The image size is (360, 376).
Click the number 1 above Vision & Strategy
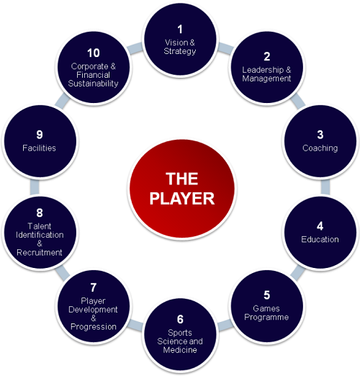point(180,30)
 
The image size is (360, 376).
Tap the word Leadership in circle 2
point(263,70)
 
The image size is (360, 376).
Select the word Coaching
point(320,148)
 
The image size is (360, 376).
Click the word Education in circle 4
point(320,239)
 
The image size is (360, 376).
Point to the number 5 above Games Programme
point(266,295)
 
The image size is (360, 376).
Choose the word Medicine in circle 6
point(180,350)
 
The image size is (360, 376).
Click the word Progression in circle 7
point(94,327)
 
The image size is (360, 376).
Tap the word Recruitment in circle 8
point(40,252)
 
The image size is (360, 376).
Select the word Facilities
point(39,148)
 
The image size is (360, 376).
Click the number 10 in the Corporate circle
point(94,53)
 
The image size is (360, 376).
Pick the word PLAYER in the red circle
point(182,199)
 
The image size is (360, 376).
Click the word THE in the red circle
point(182,179)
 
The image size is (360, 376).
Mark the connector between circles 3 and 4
point(325,187)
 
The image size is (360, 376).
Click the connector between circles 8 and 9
point(35,187)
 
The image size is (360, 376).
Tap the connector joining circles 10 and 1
point(135,48)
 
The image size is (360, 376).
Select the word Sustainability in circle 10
point(93,84)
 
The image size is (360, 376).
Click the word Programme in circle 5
point(266,317)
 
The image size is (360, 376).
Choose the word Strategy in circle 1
point(180,51)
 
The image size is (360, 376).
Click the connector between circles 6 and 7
point(135,326)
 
